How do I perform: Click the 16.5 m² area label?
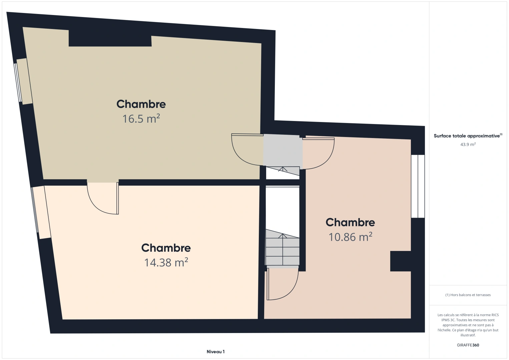coord(141,119)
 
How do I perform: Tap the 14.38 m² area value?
coord(166,262)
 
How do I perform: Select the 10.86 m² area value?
coord(350,237)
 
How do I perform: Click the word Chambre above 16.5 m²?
coord(141,104)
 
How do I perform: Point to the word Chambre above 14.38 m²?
coord(166,248)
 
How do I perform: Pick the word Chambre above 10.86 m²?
coord(350,222)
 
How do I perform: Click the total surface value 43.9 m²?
coord(468,144)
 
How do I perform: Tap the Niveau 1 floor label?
coord(216,352)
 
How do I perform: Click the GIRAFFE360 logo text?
coord(468,345)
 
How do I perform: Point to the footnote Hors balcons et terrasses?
coord(468,295)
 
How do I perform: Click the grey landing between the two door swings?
coord(283,151)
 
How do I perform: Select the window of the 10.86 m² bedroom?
coord(418,186)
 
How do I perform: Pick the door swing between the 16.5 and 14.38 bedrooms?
coord(103,198)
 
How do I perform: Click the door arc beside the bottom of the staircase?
coord(283,284)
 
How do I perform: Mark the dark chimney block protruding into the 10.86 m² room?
coord(401,261)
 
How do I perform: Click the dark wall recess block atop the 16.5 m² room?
coord(110,38)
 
